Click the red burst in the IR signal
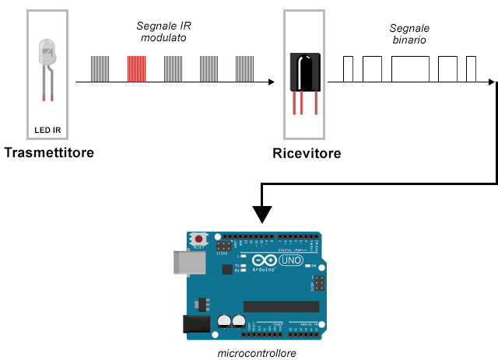(x=136, y=68)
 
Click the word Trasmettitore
(x=48, y=152)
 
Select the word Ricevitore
(x=307, y=154)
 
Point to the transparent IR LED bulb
(x=46, y=54)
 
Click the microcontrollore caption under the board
(x=257, y=353)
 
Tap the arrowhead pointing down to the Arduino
(x=262, y=214)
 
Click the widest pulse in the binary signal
(x=410, y=68)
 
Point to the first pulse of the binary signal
(x=349, y=68)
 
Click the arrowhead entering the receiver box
(x=271, y=82)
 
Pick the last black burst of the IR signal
(x=247, y=68)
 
